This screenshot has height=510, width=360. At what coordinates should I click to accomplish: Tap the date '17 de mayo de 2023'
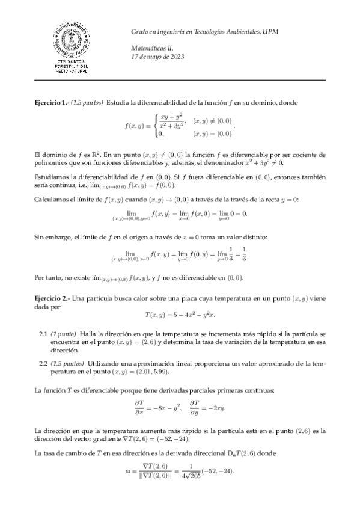158,57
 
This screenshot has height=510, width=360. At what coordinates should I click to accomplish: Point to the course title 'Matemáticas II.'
151,48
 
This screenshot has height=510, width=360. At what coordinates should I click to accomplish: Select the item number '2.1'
43,333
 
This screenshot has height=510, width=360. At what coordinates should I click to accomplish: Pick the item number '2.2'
43,363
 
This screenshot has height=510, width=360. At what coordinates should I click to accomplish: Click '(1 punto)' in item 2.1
63,333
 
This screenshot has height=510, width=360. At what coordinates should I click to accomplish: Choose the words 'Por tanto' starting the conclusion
48,278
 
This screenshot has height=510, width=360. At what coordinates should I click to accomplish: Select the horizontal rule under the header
180,79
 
